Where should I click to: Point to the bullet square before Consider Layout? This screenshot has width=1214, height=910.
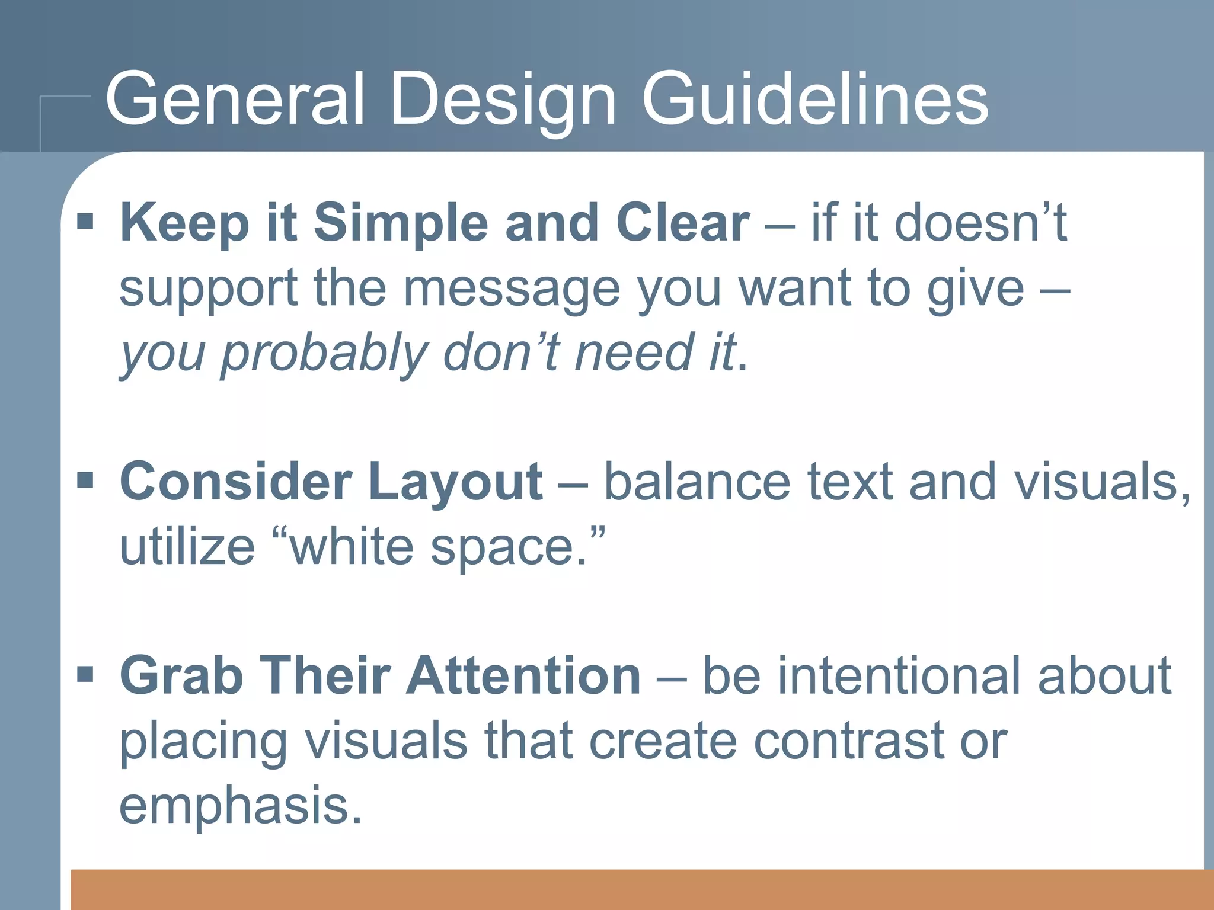(x=86, y=480)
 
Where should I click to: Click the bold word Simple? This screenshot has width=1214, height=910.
(x=400, y=224)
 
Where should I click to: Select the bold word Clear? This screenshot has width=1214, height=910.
(x=683, y=223)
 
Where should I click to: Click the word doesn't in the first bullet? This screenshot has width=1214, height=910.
(x=980, y=223)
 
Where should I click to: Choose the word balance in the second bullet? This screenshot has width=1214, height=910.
(x=697, y=481)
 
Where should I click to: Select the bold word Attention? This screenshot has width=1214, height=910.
(x=523, y=675)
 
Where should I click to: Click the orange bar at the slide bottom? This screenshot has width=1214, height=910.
(x=640, y=889)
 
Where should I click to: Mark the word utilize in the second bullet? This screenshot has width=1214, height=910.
(x=187, y=546)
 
